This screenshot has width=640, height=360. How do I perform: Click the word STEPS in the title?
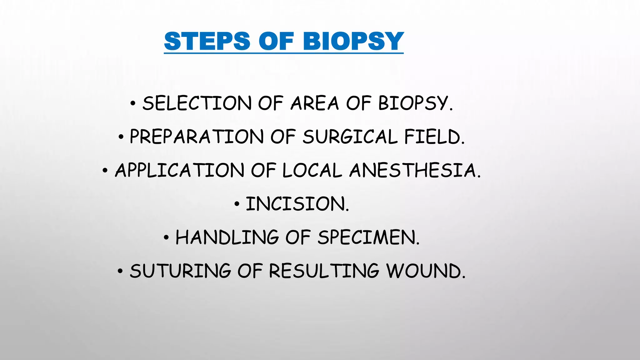[207, 41]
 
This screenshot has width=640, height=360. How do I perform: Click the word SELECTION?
[197, 103]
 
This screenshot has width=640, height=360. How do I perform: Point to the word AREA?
[314, 103]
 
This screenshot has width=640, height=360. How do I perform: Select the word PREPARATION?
[197, 137]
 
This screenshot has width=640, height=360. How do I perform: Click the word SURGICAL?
[350, 137]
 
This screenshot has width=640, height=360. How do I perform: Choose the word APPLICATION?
[179, 170]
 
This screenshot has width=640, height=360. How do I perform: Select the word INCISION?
[297, 204]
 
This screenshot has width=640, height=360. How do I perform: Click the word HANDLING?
[227, 237]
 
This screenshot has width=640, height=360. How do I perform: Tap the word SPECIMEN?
[368, 237]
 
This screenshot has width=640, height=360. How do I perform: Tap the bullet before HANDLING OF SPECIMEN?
[166, 238]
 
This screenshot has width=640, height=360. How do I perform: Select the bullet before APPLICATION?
[105, 171]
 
